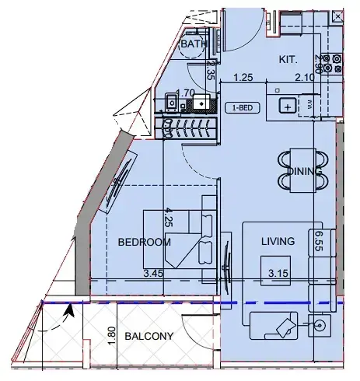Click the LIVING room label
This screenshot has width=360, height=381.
click(x=278, y=242)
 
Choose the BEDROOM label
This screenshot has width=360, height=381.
click(x=143, y=243)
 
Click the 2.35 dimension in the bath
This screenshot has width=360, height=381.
click(x=210, y=72)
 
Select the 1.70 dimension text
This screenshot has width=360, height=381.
click(x=185, y=93)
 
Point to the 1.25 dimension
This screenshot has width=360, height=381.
click(x=244, y=79)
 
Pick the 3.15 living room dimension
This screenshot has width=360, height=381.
click(x=278, y=274)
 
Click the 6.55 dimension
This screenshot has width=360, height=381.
click(x=319, y=244)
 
